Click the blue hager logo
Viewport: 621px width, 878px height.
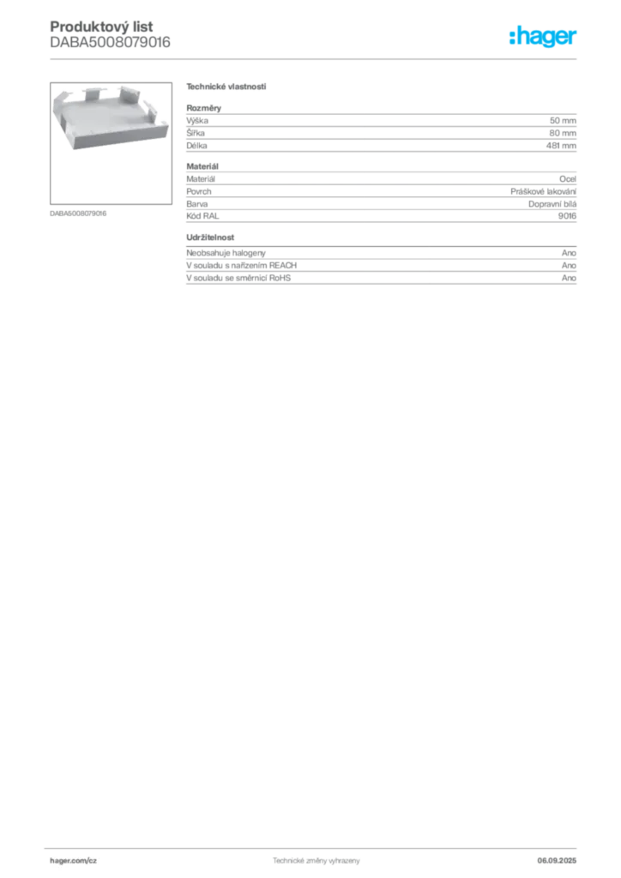pos(544,38)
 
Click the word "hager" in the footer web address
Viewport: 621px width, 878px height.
pos(62,858)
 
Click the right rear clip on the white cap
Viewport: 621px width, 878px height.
pos(128,92)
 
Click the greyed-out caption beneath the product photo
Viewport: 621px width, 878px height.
pos(79,213)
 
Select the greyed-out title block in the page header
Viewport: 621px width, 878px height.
pos(109,36)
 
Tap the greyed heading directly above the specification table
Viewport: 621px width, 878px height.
pos(227,88)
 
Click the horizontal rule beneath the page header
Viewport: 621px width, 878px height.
pos(315,58)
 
